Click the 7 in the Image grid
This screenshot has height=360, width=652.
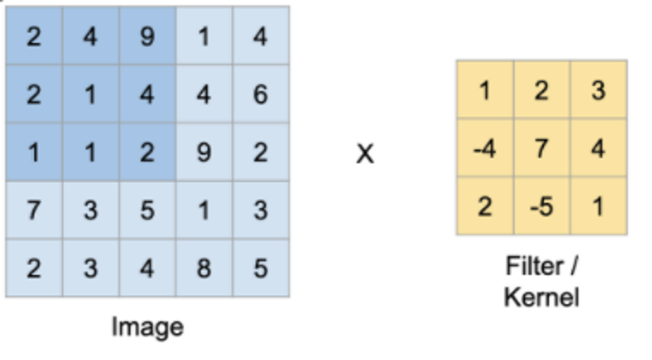point(34,210)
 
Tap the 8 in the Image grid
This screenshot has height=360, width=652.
point(204,268)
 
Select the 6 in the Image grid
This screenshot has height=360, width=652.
point(260,94)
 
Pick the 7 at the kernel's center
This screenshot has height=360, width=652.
point(542,148)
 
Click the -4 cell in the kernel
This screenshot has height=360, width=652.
point(485,148)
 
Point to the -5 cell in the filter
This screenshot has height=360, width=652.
point(542,207)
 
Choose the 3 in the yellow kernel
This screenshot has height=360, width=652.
point(598,91)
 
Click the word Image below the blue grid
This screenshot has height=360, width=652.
point(148,328)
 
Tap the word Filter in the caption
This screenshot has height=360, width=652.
point(535,265)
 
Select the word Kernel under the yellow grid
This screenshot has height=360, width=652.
point(542,297)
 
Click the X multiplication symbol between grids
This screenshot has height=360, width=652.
point(365,154)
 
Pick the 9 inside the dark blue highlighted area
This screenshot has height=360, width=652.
point(148,36)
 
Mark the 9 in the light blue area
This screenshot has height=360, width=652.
point(204,152)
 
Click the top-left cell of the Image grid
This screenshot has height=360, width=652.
point(34,35)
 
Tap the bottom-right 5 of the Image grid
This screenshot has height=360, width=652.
point(260,268)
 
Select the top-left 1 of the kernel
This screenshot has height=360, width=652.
point(485,91)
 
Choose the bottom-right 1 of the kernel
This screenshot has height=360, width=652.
point(598,207)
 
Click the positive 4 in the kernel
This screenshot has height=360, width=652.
point(598,148)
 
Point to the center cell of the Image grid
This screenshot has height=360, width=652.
point(148,152)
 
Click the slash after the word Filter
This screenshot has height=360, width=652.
point(574,265)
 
